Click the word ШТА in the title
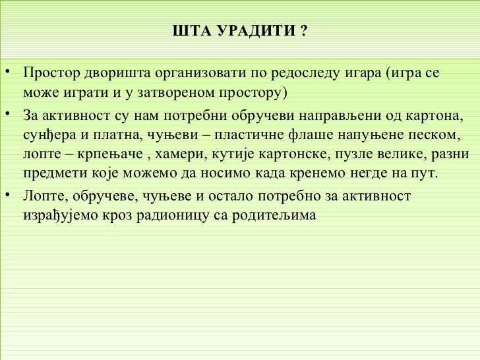point(187,32)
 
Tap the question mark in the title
point(303,32)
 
